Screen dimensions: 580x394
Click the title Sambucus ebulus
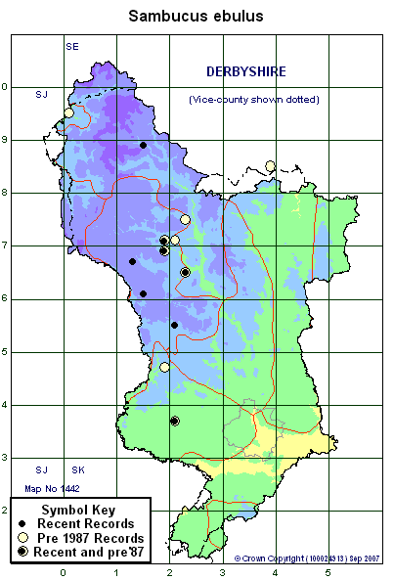[197, 16]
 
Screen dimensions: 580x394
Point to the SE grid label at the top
[72, 46]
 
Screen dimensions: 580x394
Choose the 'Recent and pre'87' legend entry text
[94, 553]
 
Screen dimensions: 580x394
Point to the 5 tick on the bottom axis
[330, 573]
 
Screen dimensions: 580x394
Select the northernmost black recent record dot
[143, 145]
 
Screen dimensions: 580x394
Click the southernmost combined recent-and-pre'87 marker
[175, 421]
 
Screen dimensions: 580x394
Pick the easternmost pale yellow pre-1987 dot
[271, 165]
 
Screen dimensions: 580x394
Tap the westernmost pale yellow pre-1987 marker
[68, 112]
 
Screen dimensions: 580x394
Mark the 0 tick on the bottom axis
[64, 573]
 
